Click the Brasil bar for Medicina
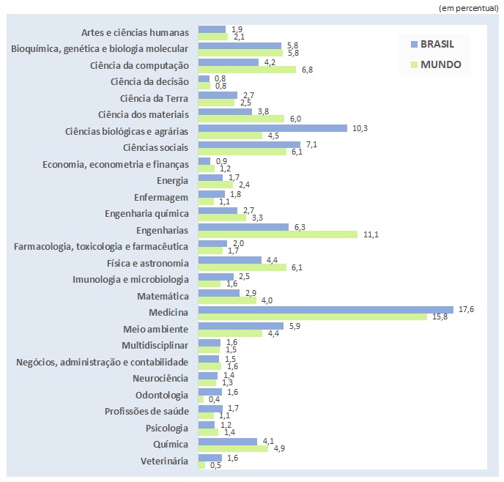(326, 309)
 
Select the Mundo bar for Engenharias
(278, 234)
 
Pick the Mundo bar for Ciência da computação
(247, 70)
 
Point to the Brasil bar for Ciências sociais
(249, 144)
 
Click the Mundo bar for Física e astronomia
(242, 267)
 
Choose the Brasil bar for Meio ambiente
(240, 325)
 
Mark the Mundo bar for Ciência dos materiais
(241, 119)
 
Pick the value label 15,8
(438, 317)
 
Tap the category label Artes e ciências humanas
(136, 32)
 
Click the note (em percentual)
(469, 7)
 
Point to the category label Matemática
(163, 296)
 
